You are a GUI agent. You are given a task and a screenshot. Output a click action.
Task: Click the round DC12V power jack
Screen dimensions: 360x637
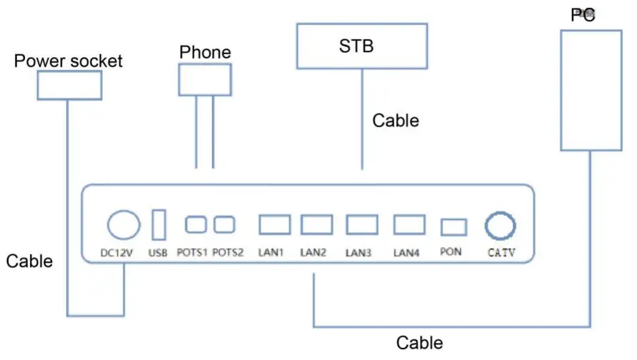tap(124, 224)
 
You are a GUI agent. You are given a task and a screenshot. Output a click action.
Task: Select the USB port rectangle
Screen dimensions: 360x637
tap(159, 224)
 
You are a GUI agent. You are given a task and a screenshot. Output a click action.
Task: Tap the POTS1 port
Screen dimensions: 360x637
tap(196, 224)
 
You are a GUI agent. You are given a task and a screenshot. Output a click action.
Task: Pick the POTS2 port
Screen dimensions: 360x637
tap(224, 224)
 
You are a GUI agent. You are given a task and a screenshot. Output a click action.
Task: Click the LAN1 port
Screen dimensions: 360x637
tap(274, 224)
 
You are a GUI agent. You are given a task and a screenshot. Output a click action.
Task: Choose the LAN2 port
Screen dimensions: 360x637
tap(316, 224)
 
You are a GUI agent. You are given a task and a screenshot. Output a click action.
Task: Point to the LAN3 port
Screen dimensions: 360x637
tap(362, 224)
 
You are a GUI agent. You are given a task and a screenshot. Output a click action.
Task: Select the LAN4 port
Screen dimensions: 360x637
tap(408, 224)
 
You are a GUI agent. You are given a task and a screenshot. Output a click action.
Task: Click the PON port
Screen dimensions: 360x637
tap(453, 227)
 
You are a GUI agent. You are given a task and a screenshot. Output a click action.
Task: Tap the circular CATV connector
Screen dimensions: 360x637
tap(501, 226)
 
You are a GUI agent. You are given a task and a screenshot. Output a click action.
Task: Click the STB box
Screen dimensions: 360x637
tap(362, 46)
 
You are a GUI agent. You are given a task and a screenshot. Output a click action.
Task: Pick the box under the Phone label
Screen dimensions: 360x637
tap(205, 79)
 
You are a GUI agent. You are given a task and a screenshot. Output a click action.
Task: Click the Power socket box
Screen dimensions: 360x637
tap(69, 85)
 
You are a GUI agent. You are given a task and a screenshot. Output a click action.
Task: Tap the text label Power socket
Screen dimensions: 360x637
tap(69, 61)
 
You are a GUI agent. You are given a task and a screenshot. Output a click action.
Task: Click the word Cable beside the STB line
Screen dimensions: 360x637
tap(396, 121)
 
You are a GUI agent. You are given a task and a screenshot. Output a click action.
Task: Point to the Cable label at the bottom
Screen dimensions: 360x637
tap(420, 343)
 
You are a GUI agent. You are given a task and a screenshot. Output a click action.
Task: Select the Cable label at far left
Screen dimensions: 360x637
tap(29, 261)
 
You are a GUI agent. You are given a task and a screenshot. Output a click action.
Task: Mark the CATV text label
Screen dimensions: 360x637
tap(501, 253)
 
